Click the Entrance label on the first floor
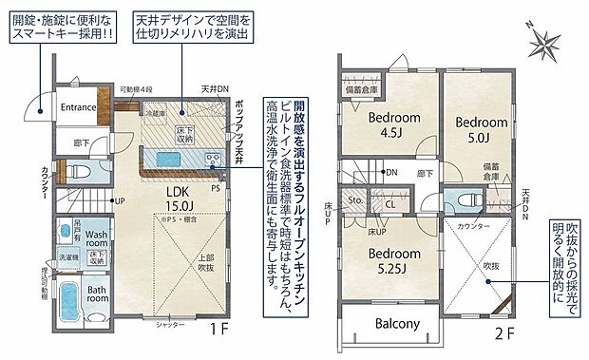coord(79,107)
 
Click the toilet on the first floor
coord(80,173)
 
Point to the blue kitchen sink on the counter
coord(170,158)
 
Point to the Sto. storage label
coord(356,201)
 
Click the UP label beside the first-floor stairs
coord(120,200)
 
